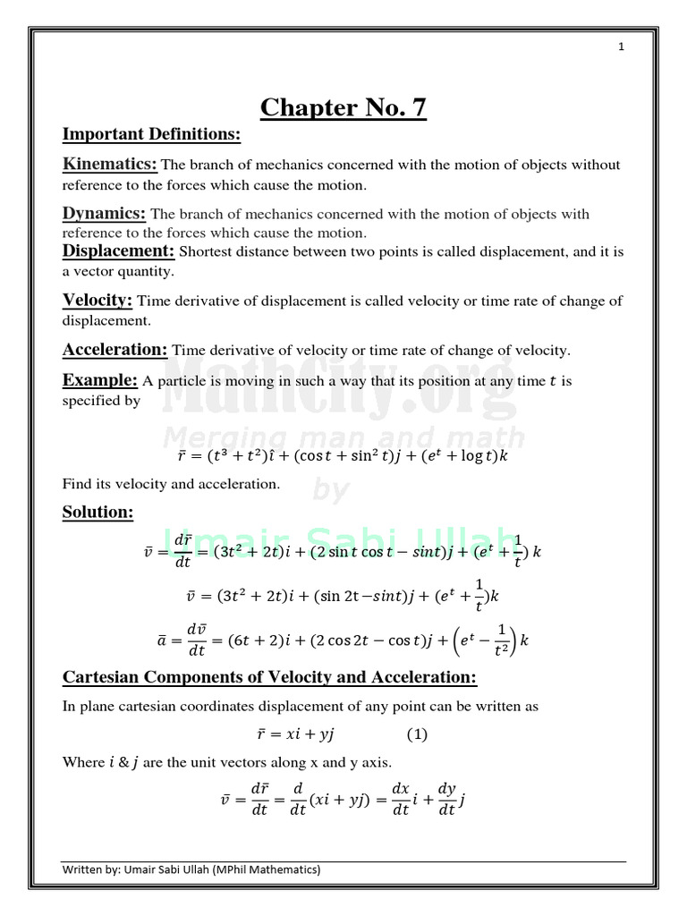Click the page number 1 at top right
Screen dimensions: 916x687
click(620, 47)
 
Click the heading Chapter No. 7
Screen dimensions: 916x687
click(343, 108)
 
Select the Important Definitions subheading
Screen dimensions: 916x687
click(151, 134)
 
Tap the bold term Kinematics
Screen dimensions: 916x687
click(109, 164)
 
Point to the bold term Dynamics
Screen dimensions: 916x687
click(104, 213)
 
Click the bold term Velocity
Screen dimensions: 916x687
click(98, 300)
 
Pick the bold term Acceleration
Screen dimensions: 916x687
click(114, 349)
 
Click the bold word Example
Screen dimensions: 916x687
click(99, 380)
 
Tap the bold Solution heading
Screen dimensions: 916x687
click(98, 513)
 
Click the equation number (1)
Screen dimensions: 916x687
click(417, 734)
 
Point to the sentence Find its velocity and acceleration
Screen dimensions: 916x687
click(171, 484)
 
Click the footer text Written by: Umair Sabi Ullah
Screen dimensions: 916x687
click(191, 869)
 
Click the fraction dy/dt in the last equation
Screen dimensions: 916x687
click(447, 799)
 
